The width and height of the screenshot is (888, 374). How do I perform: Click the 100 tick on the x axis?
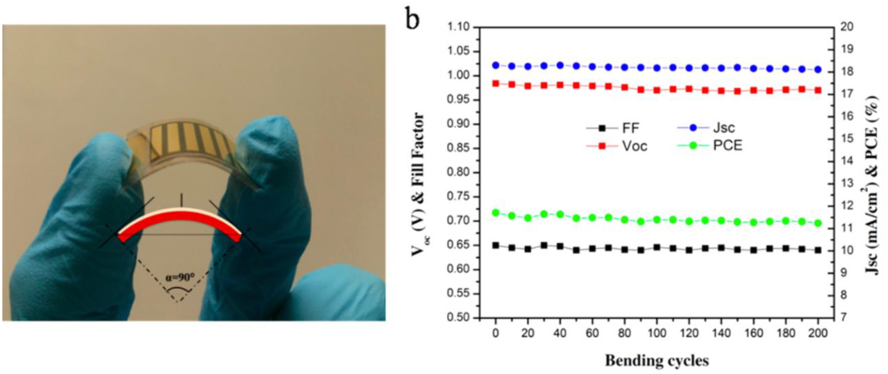(x=657, y=333)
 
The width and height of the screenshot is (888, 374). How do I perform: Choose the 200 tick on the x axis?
(x=818, y=333)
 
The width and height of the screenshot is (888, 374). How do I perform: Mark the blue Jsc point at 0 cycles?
(x=496, y=65)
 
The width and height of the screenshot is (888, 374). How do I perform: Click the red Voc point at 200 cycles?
(x=818, y=90)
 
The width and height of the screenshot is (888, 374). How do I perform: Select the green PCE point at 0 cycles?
(x=496, y=213)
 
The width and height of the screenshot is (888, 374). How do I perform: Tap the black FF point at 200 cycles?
(x=818, y=250)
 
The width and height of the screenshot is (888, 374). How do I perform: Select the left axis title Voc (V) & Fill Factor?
(x=418, y=184)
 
